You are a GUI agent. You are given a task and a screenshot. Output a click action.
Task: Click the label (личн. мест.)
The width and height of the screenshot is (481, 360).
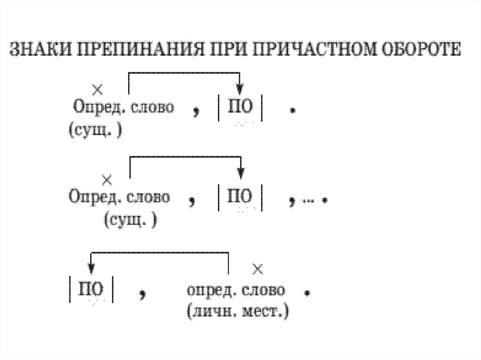pos(237,311)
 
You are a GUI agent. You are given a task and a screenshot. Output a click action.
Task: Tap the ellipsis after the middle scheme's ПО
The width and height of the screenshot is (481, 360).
pos(308,200)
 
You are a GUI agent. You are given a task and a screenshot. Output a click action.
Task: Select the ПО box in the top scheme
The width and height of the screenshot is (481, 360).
pos(240,108)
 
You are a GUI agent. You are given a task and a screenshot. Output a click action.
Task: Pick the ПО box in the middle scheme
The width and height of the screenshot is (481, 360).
pos(240,197)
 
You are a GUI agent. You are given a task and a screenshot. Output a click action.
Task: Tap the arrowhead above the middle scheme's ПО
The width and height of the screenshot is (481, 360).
pos(240,173)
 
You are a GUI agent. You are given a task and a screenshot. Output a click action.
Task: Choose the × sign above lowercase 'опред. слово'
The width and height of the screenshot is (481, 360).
pos(257,269)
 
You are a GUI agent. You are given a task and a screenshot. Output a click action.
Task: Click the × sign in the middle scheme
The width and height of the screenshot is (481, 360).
pos(108,179)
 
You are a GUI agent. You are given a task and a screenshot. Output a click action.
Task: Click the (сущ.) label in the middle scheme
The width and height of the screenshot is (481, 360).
pos(130,220)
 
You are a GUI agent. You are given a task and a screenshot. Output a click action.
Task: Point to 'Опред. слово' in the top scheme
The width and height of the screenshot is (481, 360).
pos(123,107)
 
